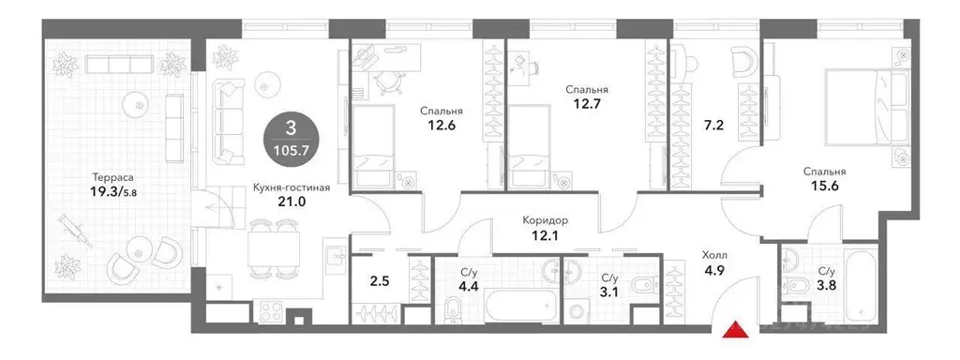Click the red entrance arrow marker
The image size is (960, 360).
coord(736,328)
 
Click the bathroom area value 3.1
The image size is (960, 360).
coord(608,292)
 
